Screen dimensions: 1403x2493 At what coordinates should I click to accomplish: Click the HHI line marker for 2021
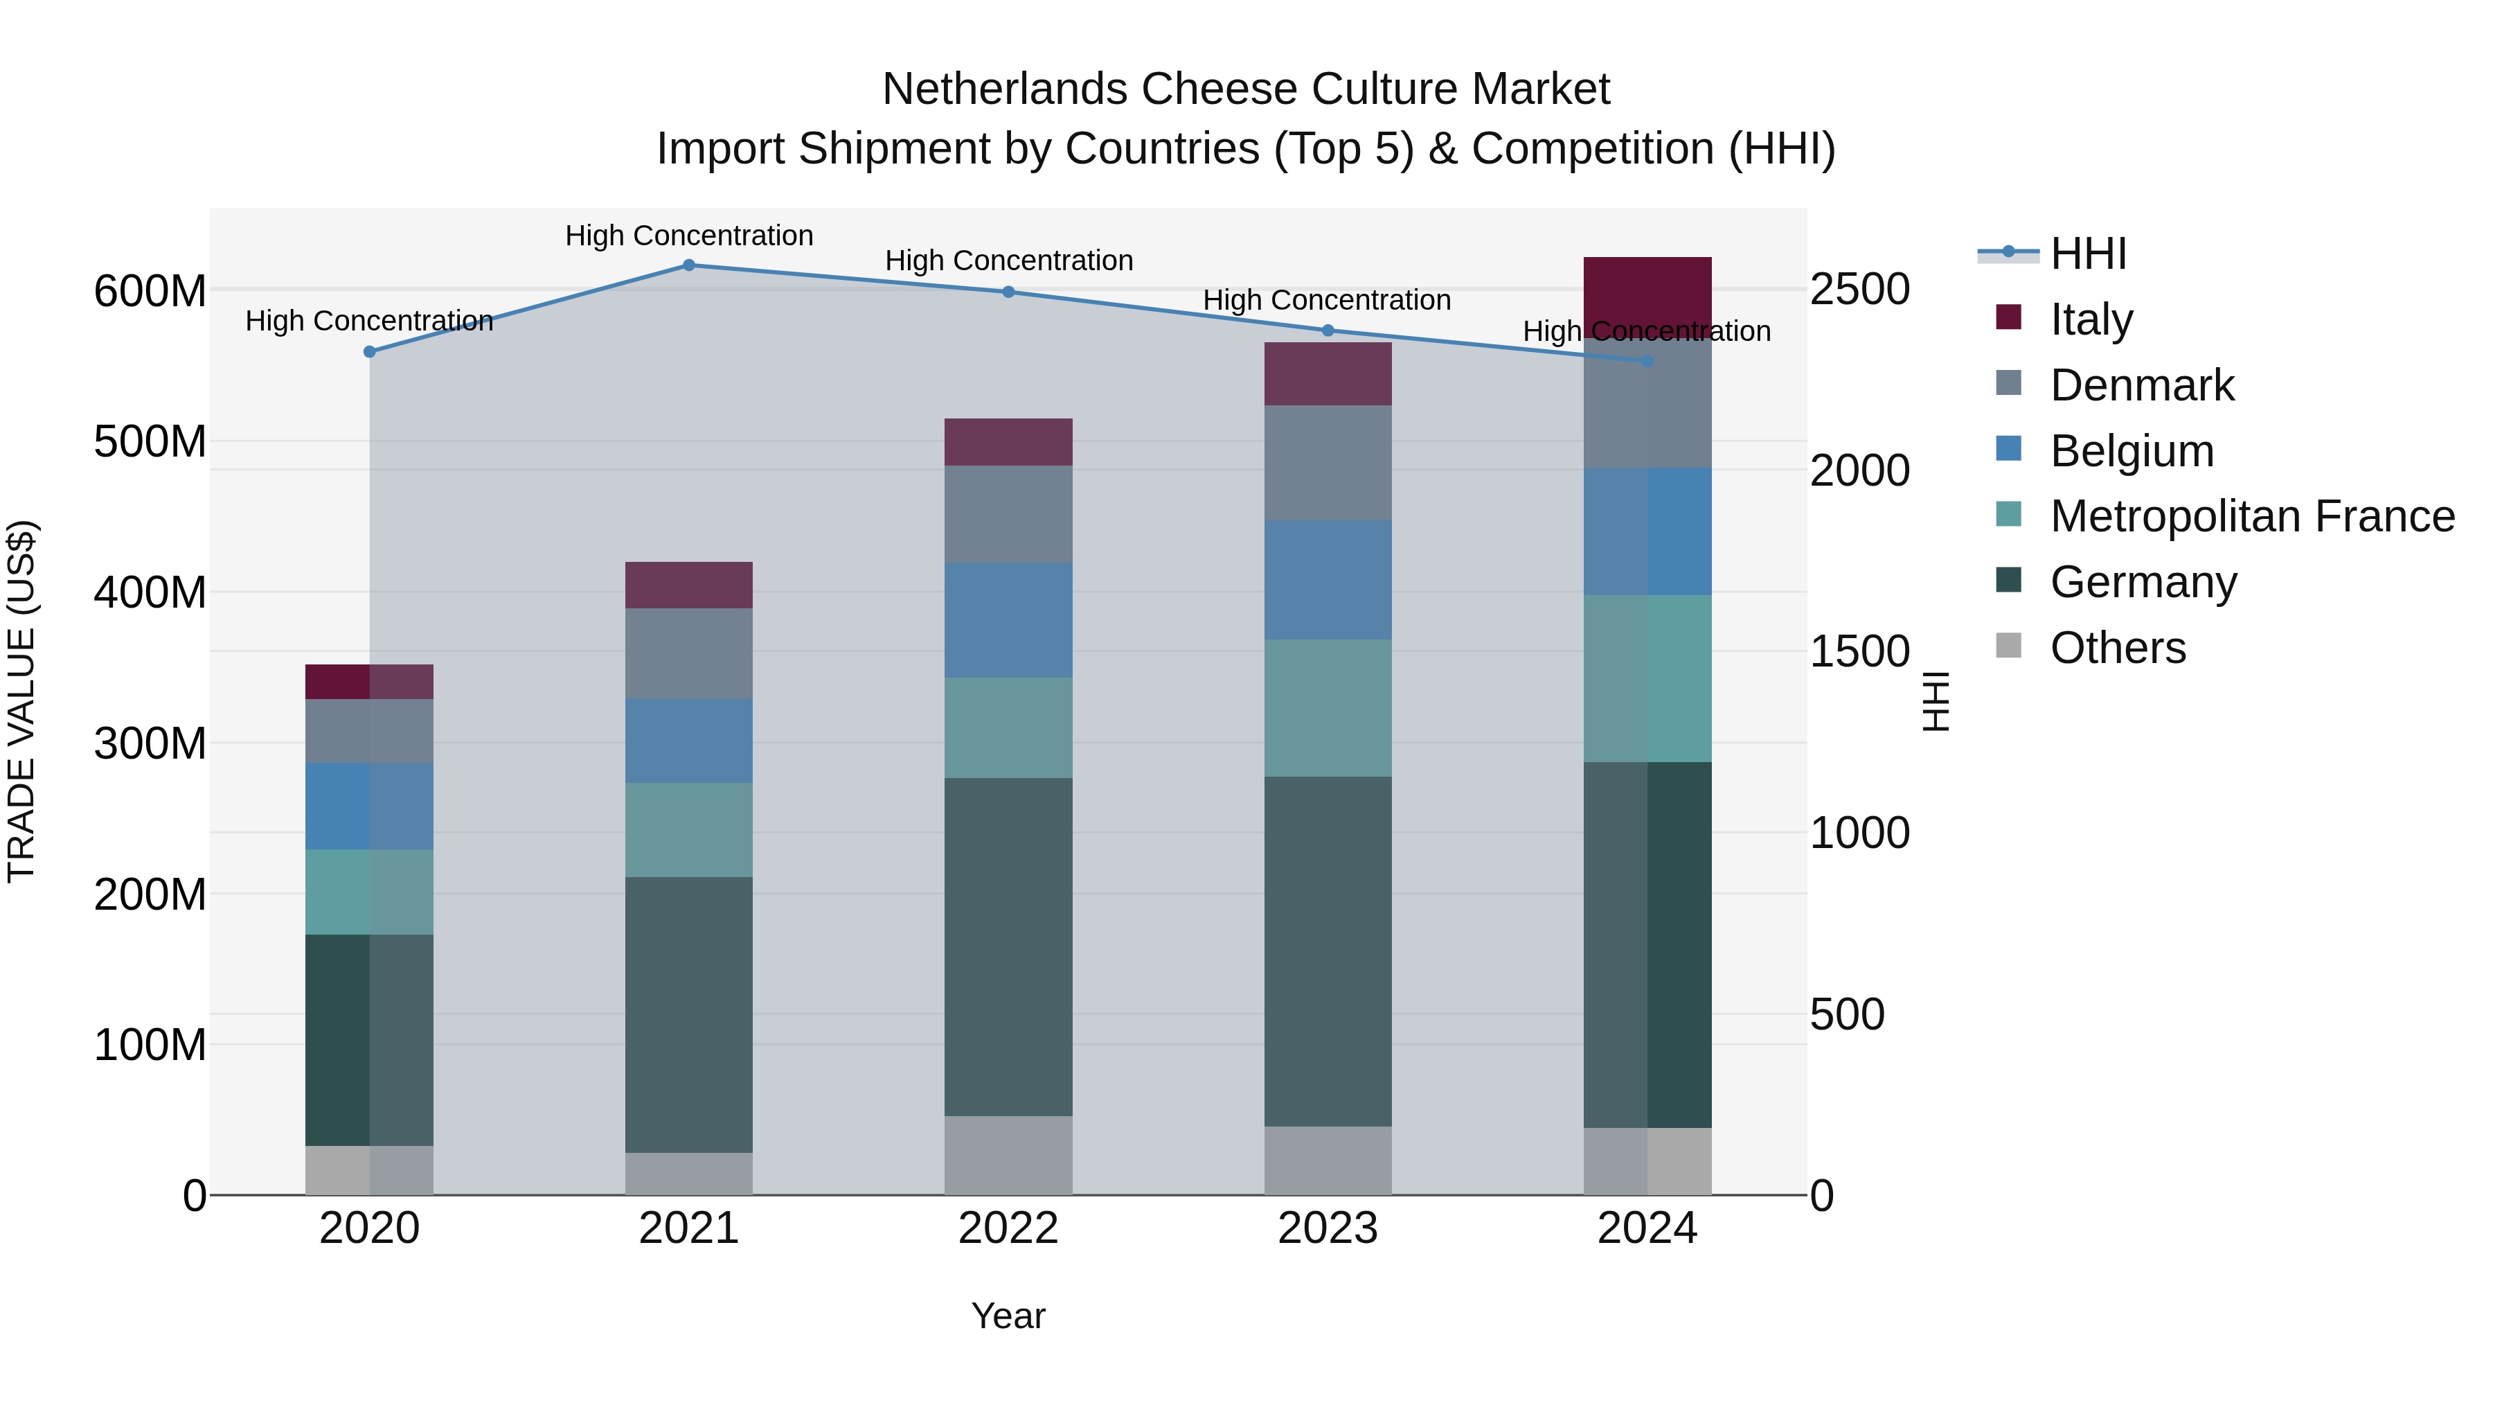[689, 265]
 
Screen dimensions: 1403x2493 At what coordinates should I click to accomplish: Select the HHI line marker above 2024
[1647, 361]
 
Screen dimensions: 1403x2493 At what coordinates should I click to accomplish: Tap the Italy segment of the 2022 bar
[1008, 443]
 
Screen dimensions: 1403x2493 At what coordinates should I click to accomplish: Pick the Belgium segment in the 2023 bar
[1327, 580]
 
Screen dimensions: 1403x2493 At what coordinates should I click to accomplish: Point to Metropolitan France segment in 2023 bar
[1327, 708]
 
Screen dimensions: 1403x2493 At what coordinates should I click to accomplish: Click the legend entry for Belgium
[2131, 451]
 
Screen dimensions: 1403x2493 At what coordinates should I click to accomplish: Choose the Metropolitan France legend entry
[2251, 517]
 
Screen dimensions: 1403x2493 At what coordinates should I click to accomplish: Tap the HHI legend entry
[2087, 254]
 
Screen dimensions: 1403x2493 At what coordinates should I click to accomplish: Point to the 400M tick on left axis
[150, 592]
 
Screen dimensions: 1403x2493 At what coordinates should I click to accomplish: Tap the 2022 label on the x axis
[1008, 1228]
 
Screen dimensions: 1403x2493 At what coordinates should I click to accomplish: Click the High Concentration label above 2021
[689, 236]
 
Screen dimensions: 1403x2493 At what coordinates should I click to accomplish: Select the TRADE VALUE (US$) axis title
[21, 701]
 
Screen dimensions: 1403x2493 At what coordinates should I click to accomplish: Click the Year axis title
[1008, 1316]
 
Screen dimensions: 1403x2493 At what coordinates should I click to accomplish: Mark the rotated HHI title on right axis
[1935, 701]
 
